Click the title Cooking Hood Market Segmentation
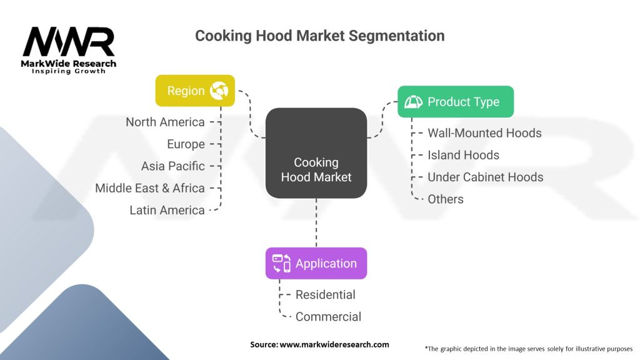[x=319, y=36]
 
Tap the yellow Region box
[x=194, y=91]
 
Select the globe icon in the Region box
[x=219, y=91]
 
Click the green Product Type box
[x=455, y=102]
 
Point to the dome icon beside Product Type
[x=414, y=102]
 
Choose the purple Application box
[x=316, y=263]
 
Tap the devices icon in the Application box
[x=281, y=263]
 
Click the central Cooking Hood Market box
[x=316, y=153]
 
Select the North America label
[x=165, y=122]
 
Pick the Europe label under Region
[x=186, y=144]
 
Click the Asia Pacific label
[x=172, y=166]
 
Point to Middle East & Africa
[x=150, y=188]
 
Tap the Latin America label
[x=167, y=211]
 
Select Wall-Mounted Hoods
[x=484, y=133]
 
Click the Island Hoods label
[x=463, y=155]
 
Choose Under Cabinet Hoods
[x=485, y=177]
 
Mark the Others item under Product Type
[x=446, y=199]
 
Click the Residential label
[x=325, y=294]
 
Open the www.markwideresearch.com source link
[x=334, y=344]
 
